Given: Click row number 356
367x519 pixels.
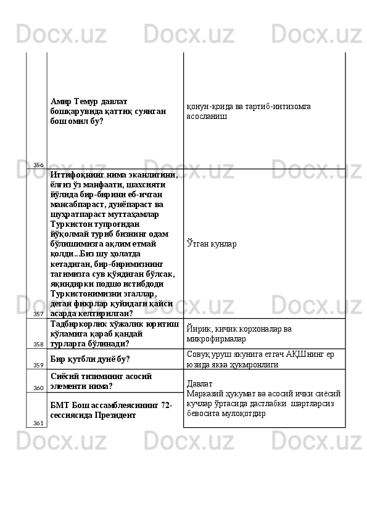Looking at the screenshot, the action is point(38,165).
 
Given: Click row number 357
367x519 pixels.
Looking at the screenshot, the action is point(38,314).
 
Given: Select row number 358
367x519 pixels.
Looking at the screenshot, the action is point(38,344).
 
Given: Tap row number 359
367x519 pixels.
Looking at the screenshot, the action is point(38,365).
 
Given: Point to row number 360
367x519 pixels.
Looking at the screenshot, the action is point(38,388).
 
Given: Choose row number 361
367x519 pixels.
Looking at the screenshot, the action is point(38,423).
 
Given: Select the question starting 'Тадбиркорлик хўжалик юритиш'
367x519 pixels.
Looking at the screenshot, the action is point(115,333).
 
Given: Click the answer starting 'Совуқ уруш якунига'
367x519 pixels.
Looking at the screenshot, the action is point(262,359).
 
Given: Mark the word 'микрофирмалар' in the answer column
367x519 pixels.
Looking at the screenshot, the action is point(216,338).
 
